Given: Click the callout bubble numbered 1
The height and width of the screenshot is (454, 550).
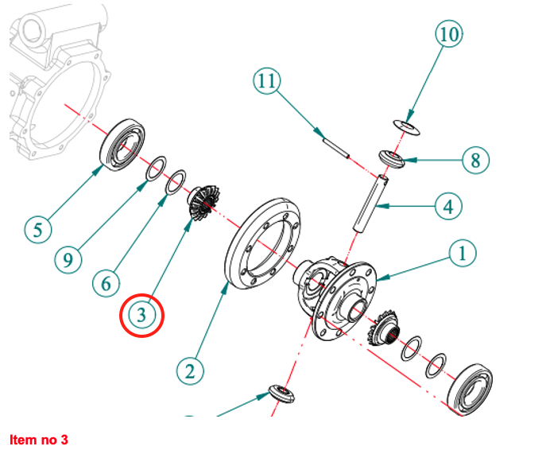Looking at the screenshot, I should pyautogui.click(x=462, y=254).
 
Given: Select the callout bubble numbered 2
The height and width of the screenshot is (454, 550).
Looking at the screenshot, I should pyautogui.click(x=189, y=370).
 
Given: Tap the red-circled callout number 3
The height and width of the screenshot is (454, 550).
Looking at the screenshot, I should pyautogui.click(x=141, y=315).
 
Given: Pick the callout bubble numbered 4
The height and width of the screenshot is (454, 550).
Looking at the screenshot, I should pyautogui.click(x=448, y=207).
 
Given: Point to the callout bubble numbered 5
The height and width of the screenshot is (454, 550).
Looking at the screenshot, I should pyautogui.click(x=37, y=230).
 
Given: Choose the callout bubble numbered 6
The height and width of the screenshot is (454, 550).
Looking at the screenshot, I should pyautogui.click(x=105, y=281).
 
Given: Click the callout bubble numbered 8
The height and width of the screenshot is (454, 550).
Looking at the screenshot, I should pyautogui.click(x=475, y=161).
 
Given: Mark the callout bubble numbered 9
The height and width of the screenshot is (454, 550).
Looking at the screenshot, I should pyautogui.click(x=68, y=259).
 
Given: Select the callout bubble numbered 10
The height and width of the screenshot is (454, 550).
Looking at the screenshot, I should pyautogui.click(x=448, y=34).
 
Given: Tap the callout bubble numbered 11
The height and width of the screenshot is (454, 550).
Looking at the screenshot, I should pyautogui.click(x=268, y=80).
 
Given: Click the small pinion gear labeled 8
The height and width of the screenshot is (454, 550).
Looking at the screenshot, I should pyautogui.click(x=392, y=159).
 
